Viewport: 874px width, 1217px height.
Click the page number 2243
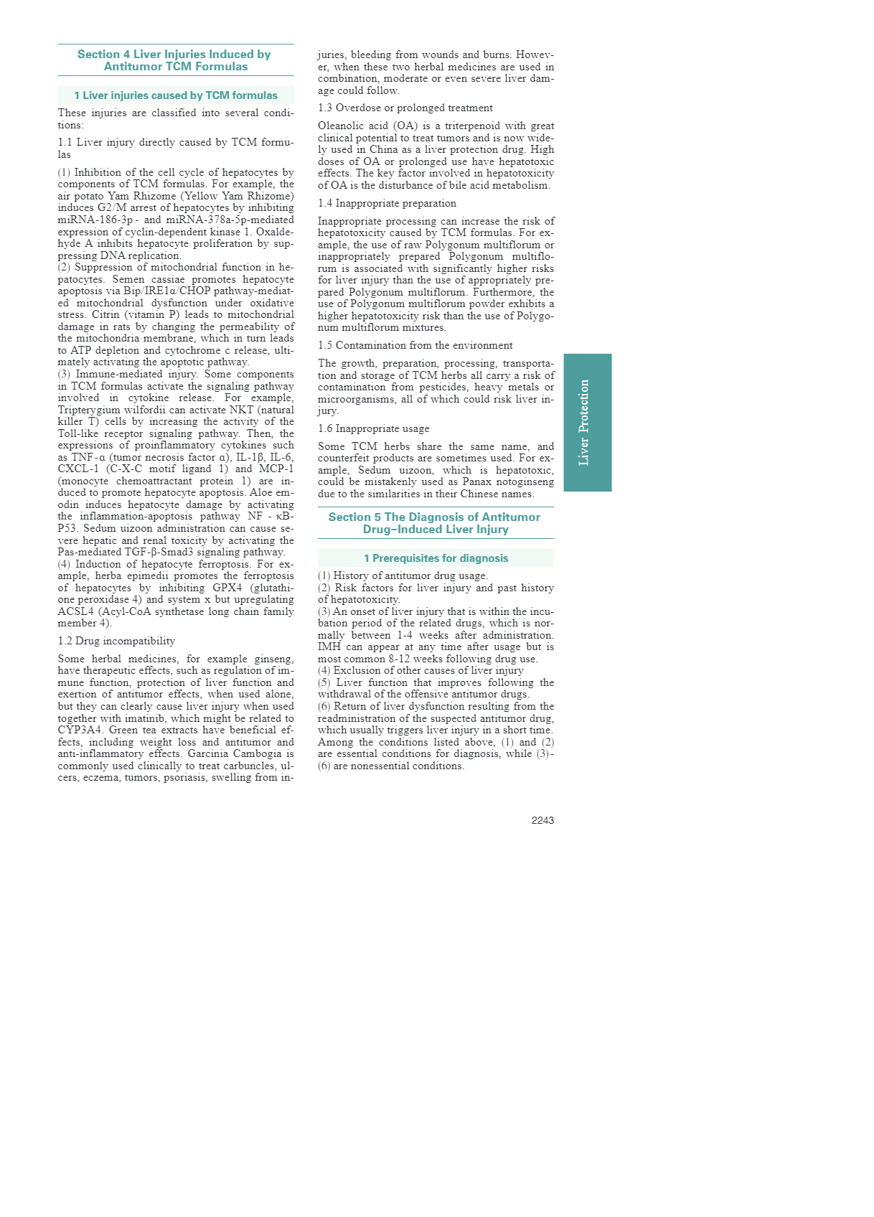click(542, 820)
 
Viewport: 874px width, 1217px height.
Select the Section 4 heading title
click(175, 60)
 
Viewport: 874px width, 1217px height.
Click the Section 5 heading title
click(435, 523)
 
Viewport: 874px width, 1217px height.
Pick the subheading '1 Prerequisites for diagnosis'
click(436, 558)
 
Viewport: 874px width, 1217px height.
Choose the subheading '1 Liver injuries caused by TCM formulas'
click(175, 95)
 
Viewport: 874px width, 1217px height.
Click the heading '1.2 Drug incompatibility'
click(116, 641)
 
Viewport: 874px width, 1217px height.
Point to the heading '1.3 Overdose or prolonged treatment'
click(405, 108)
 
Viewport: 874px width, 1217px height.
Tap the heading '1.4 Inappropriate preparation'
click(387, 203)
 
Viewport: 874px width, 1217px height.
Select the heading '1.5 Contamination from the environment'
click(415, 345)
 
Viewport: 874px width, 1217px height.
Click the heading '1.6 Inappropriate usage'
click(373, 428)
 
